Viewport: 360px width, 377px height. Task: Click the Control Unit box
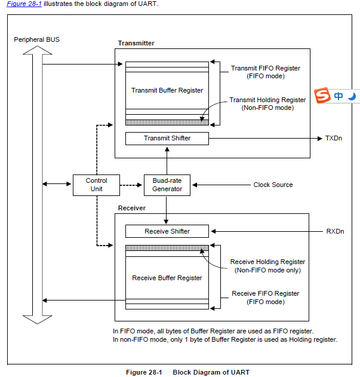click(x=97, y=185)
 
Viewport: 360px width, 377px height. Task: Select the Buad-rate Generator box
click(x=167, y=185)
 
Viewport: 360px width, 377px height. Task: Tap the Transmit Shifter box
click(x=167, y=138)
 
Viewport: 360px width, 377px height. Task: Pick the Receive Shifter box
click(x=167, y=231)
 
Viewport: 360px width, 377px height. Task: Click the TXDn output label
click(x=334, y=138)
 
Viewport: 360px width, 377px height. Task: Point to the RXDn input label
click(x=335, y=231)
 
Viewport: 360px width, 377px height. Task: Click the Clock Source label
click(x=273, y=185)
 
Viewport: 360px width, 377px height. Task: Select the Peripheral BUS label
click(x=36, y=40)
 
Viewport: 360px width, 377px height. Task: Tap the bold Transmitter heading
click(x=136, y=43)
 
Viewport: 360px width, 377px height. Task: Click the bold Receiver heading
click(x=132, y=208)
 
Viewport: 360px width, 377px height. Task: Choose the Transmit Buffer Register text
click(x=167, y=90)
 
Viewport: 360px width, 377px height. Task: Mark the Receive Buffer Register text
click(x=167, y=278)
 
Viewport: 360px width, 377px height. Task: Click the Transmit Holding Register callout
click(x=267, y=104)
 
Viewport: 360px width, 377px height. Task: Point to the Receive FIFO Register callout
click(x=266, y=298)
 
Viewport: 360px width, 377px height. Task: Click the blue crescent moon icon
click(x=352, y=96)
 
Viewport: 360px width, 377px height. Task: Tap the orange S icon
click(x=322, y=96)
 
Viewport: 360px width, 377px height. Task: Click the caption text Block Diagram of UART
click(x=211, y=372)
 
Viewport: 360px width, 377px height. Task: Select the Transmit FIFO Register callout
click(x=266, y=72)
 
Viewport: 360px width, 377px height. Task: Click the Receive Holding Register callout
click(x=267, y=266)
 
